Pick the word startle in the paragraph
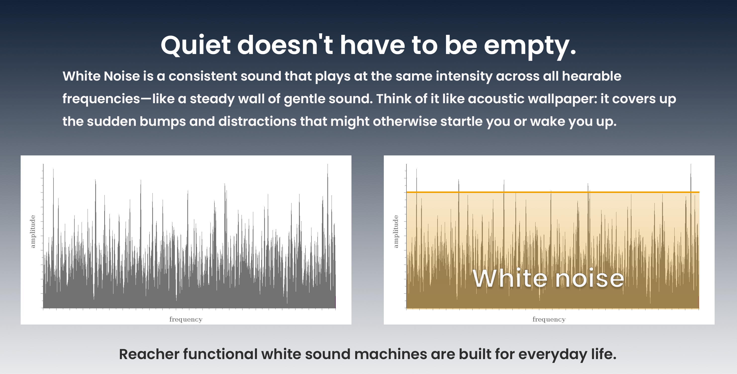[x=461, y=122]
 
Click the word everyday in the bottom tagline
[x=553, y=355]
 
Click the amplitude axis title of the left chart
[x=33, y=232]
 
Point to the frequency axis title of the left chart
[x=186, y=319]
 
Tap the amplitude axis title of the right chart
[x=396, y=232]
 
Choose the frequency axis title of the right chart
[x=549, y=319]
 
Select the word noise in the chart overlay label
[x=590, y=279]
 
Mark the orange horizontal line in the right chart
[x=553, y=192]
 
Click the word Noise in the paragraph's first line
[x=122, y=76]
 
